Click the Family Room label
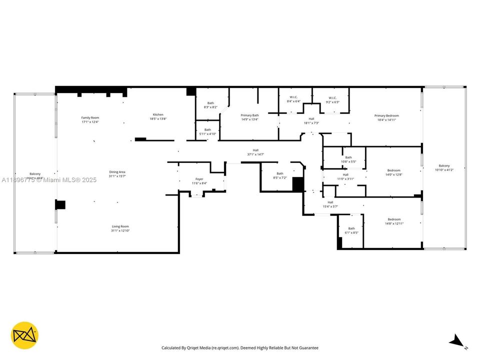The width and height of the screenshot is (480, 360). [90, 118]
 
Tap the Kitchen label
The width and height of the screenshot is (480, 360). [157, 114]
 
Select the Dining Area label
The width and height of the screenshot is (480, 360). [117, 172]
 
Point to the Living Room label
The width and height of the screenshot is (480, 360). [120, 226]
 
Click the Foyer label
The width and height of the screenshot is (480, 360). [199, 179]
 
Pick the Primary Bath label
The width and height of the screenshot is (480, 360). [249, 115]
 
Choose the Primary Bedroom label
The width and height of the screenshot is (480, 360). [386, 116]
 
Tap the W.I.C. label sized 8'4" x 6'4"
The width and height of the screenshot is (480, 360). [293, 97]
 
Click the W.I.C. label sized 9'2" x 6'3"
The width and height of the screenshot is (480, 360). [332, 97]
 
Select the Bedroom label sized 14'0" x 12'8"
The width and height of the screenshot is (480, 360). [393, 170]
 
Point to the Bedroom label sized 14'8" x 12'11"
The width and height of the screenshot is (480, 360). [394, 219]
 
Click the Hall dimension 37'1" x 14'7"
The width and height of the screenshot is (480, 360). [255, 154]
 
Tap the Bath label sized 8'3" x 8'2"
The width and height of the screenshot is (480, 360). [210, 103]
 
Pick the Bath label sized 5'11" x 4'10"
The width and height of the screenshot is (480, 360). [207, 129]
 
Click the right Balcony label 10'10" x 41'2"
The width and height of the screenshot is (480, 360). [444, 166]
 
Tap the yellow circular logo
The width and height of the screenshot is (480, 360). [24, 335]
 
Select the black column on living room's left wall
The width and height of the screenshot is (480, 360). [60, 204]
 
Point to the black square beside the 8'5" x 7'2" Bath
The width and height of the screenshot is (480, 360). [298, 184]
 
